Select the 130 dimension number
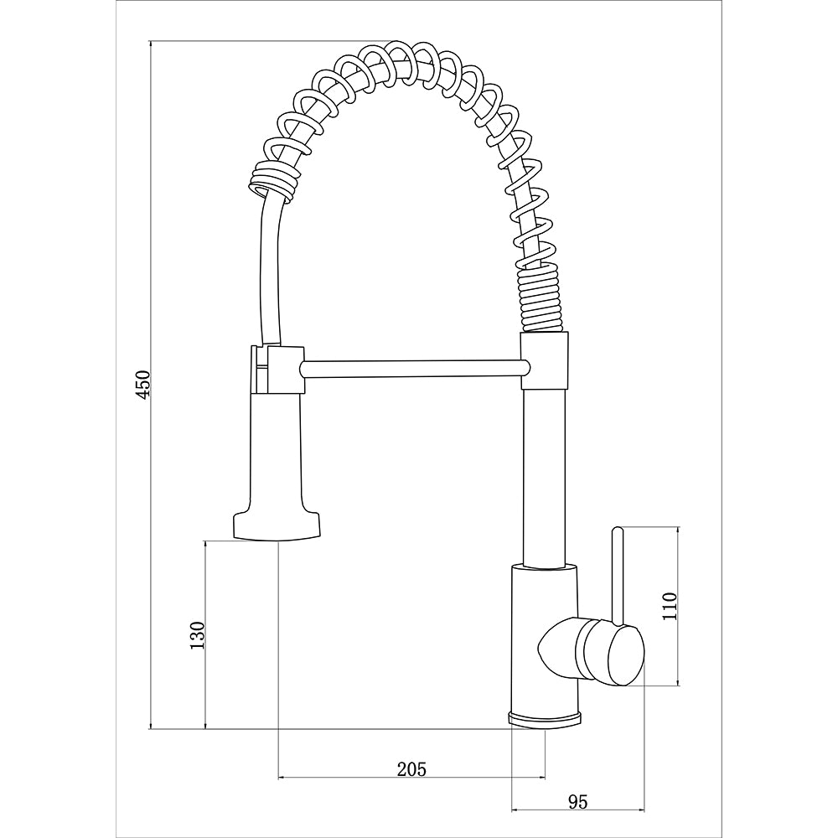click(197, 635)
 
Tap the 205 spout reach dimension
click(411, 769)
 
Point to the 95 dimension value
click(577, 802)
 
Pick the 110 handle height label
click(670, 606)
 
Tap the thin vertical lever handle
click(618, 577)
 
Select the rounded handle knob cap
click(626, 656)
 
